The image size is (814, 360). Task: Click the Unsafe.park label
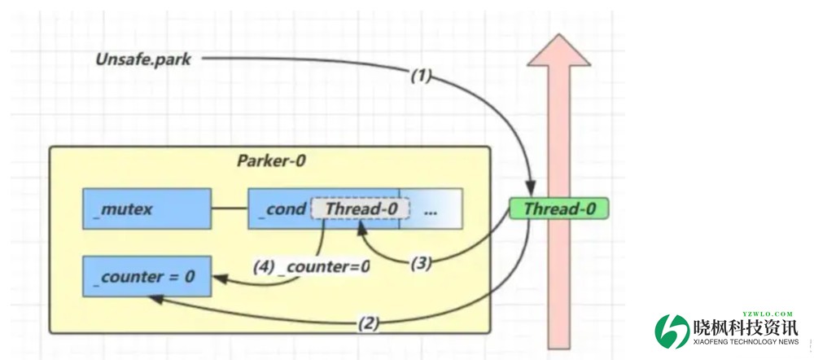pos(142,59)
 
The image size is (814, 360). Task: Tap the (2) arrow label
pos(368,323)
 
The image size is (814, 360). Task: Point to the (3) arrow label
pos(421,262)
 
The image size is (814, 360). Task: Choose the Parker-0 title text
pos(271,160)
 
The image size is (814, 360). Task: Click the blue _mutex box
pos(147,209)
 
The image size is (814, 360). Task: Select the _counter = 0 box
pos(147,277)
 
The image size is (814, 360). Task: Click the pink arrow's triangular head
pos(558,50)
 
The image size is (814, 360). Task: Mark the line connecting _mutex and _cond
pos(230,209)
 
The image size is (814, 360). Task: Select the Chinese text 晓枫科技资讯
pos(746,328)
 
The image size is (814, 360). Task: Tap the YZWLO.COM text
pos(766,314)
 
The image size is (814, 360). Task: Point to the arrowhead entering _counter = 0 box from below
pos(152,298)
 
